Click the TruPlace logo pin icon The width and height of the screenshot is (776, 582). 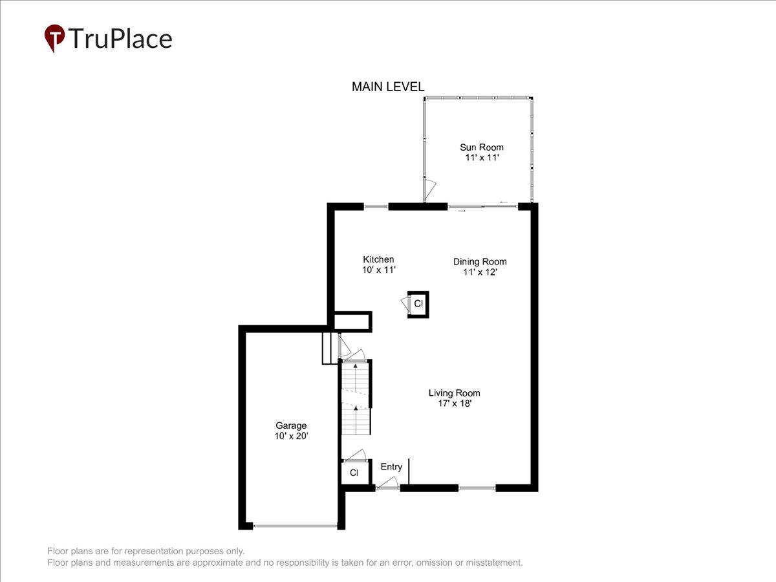(54, 38)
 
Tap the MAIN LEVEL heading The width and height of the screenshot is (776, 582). (388, 87)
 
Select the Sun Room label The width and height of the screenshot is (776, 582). (481, 147)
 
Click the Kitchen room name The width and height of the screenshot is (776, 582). (378, 259)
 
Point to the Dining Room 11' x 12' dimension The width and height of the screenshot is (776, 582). (480, 272)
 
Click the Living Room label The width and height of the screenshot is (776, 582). (454, 393)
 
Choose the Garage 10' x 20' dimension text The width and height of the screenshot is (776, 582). (291, 436)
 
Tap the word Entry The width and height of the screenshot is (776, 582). (391, 467)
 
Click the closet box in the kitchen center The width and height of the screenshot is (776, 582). (418, 303)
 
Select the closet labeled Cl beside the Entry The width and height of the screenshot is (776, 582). (354, 473)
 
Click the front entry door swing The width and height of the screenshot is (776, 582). (388, 483)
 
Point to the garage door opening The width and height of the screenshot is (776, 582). (295, 526)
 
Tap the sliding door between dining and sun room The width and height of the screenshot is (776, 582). (482, 207)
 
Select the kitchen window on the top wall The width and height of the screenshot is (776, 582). (376, 207)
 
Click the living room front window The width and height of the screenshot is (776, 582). (477, 488)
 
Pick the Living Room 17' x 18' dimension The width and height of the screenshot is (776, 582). (454, 404)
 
